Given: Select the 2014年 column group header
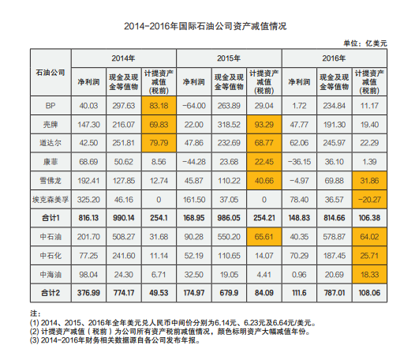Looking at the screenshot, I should [122, 59].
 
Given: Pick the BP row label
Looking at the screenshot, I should [50, 105].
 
